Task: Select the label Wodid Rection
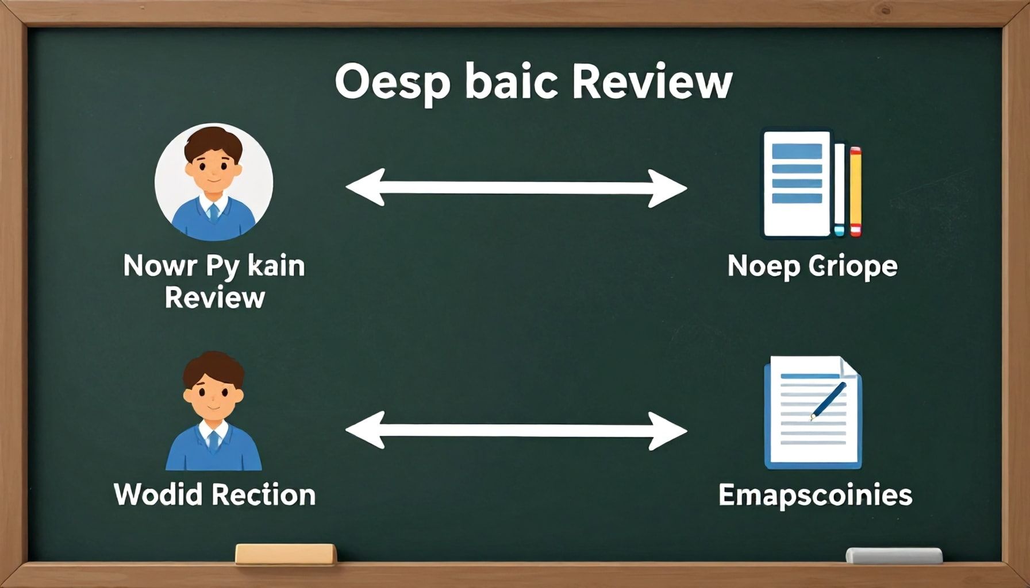(214, 494)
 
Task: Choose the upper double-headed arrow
(516, 188)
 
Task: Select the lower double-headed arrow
(516, 431)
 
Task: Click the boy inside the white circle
(213, 183)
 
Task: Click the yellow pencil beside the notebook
(855, 192)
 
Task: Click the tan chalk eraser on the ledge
(286, 554)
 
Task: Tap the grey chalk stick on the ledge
(894, 555)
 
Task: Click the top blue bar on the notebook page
(797, 151)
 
